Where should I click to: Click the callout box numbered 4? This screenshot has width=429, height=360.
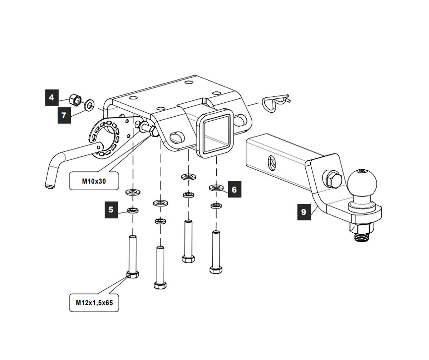click(x=52, y=97)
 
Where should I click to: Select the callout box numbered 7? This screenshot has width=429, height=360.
click(x=64, y=115)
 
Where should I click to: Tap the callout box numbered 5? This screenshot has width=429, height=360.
click(x=111, y=210)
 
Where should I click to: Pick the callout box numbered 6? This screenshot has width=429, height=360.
click(x=234, y=189)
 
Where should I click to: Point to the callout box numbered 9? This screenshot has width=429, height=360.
click(x=304, y=212)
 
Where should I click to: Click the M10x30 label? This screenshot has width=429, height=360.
click(x=94, y=181)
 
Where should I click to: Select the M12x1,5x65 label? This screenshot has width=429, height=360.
click(x=94, y=303)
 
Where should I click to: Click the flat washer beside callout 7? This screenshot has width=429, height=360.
click(x=89, y=106)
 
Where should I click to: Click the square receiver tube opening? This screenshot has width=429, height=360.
click(x=215, y=132)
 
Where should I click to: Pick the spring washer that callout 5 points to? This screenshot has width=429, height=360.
click(x=133, y=210)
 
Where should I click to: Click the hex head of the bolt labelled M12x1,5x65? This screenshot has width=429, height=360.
click(x=133, y=275)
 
